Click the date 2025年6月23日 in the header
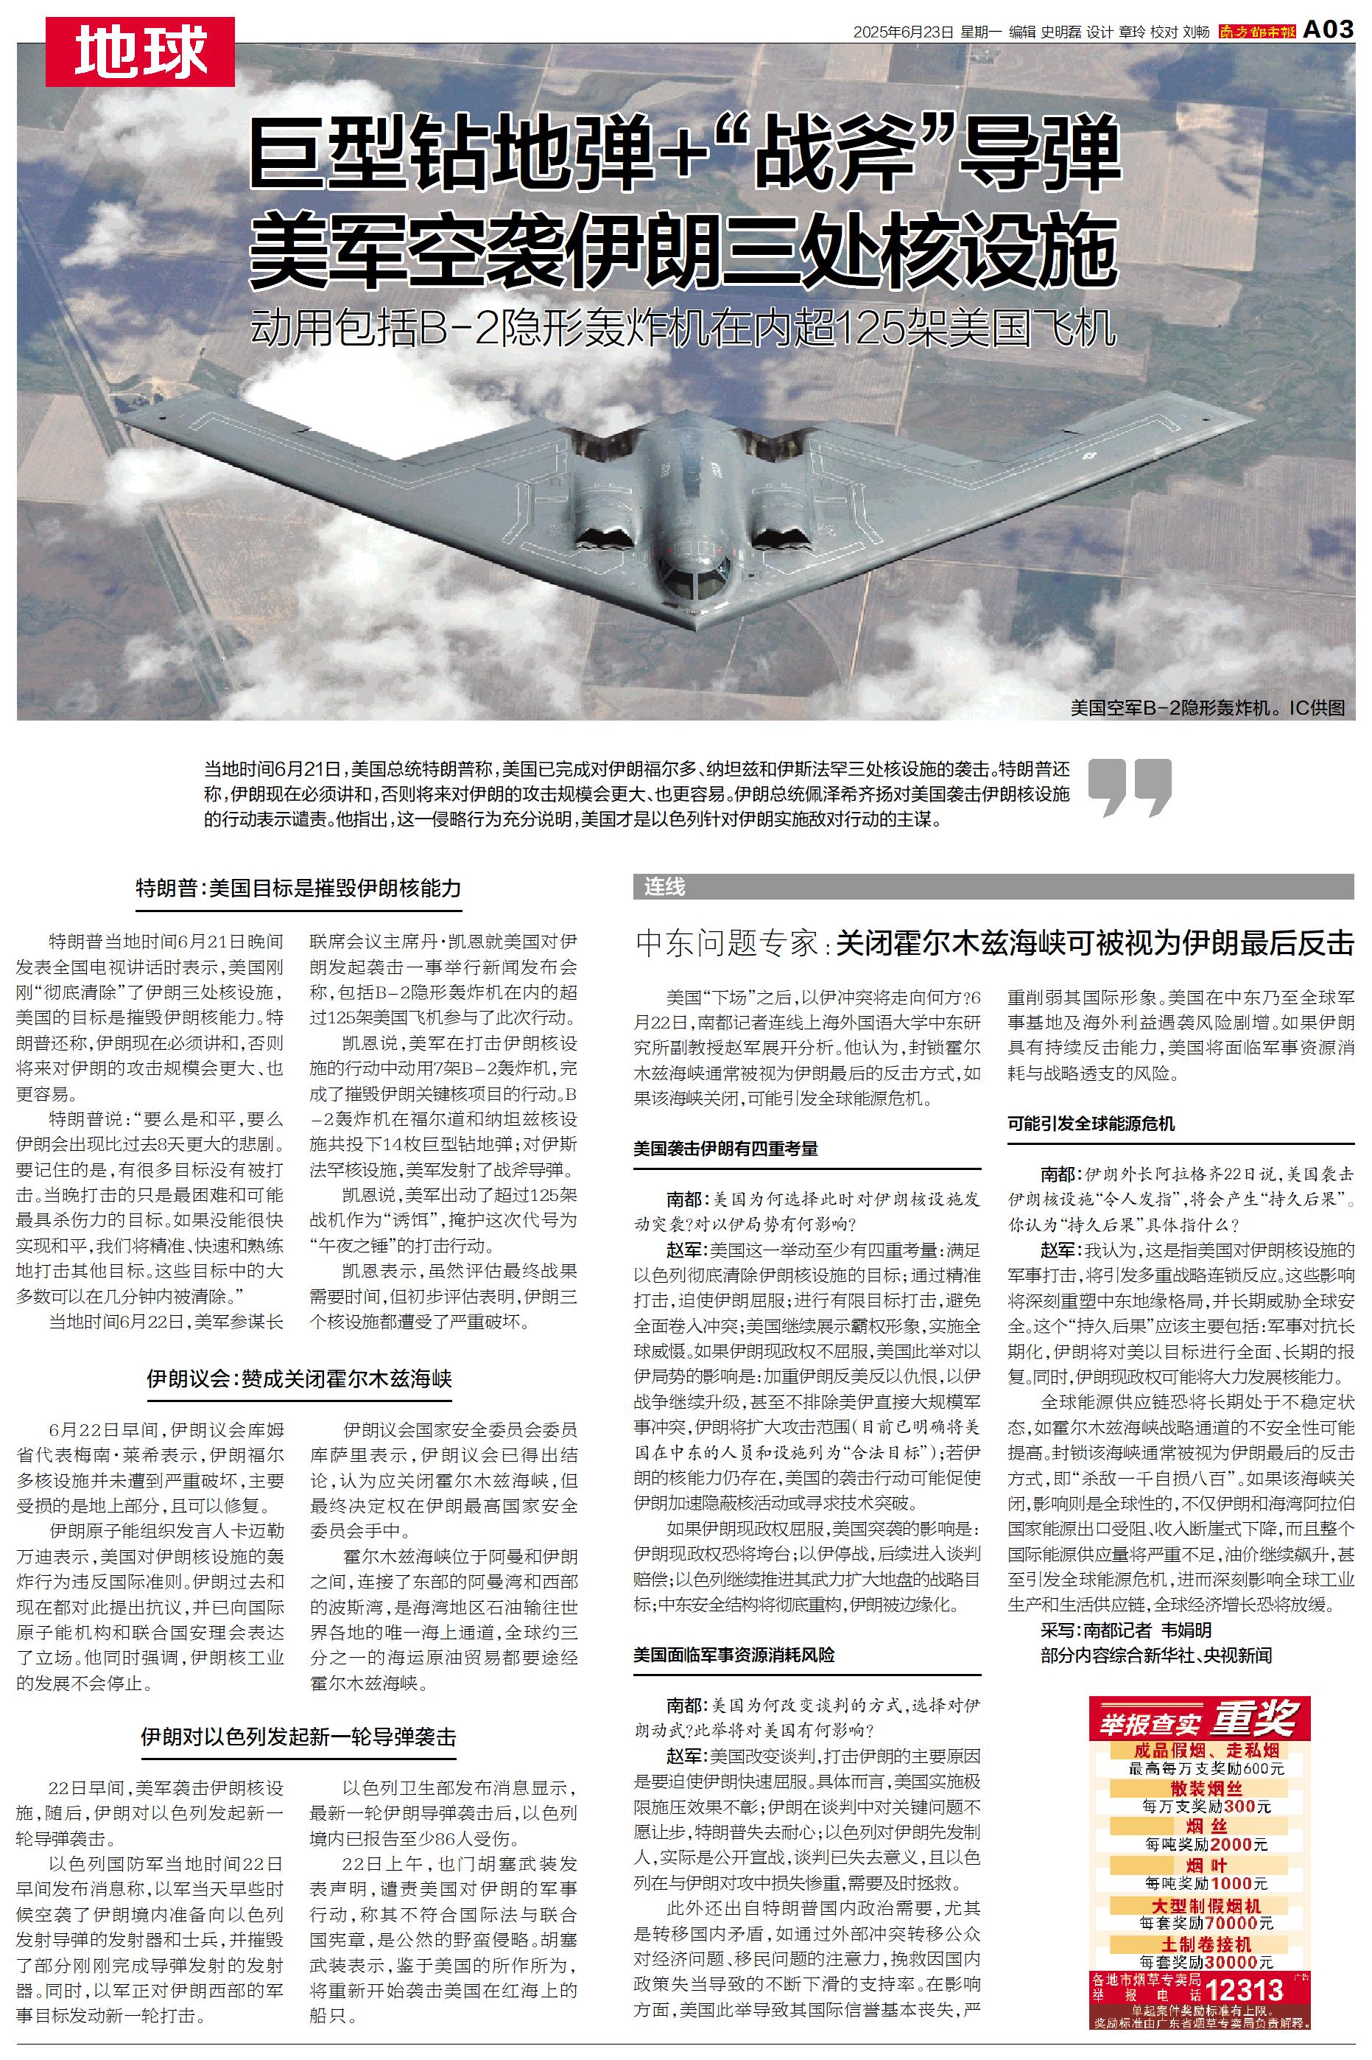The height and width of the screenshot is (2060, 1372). (903, 32)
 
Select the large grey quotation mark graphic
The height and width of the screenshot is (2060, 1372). (1130, 787)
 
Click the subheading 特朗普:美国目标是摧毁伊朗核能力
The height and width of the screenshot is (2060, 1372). (298, 889)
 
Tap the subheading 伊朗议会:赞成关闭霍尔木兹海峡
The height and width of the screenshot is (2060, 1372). (298, 1379)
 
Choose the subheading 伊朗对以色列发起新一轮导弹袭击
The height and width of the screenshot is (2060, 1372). (298, 1737)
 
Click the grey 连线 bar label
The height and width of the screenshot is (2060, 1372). (665, 886)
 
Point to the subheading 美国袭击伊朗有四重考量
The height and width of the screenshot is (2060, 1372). (725, 1148)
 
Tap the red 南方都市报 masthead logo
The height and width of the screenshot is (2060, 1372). (1256, 32)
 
